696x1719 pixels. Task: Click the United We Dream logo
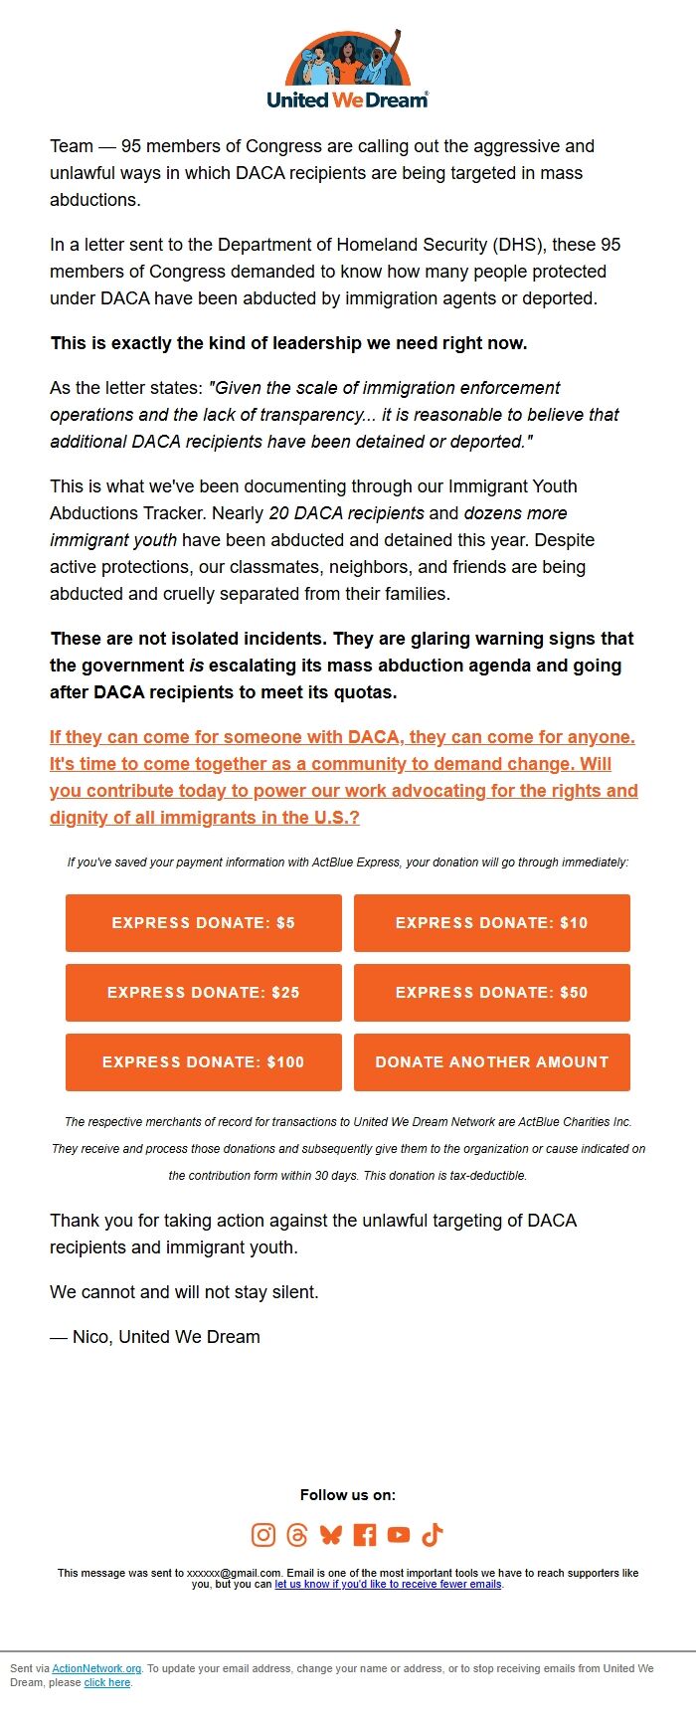click(x=348, y=70)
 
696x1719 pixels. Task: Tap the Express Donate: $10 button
click(x=492, y=923)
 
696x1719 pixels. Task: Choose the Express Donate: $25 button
click(x=204, y=993)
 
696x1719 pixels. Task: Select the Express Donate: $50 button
click(x=492, y=993)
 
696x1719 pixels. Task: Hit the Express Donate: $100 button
click(x=204, y=1062)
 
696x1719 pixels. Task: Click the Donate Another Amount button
click(x=492, y=1062)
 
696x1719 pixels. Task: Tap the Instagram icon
click(x=263, y=1535)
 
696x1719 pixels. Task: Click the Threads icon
click(x=297, y=1535)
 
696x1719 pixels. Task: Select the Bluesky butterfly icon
click(x=331, y=1535)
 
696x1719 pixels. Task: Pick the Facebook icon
click(x=365, y=1535)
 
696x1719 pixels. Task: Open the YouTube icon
click(x=399, y=1535)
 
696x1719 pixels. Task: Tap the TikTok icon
click(x=433, y=1535)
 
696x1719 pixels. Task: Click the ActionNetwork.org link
click(x=96, y=1668)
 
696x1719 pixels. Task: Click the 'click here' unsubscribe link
click(x=107, y=1682)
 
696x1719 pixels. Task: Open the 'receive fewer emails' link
click(x=388, y=1584)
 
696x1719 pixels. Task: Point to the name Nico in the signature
click(x=90, y=1337)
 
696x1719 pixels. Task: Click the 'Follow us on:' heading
click(x=348, y=1495)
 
